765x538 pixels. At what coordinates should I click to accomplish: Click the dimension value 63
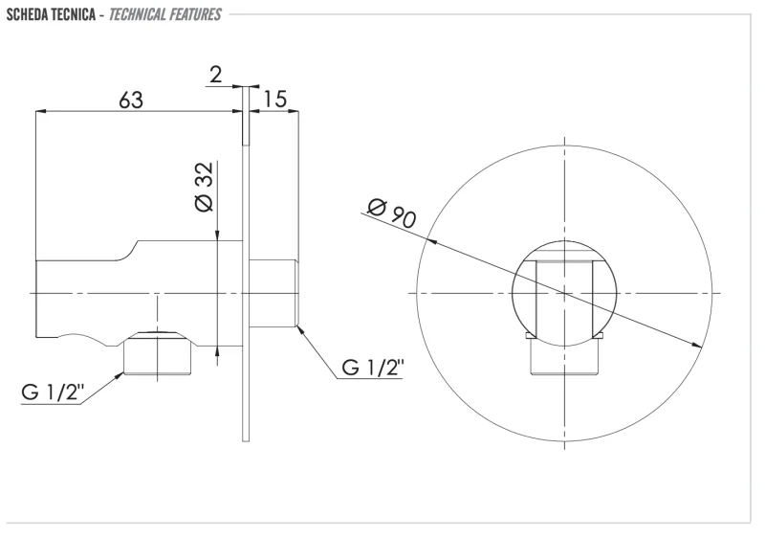point(131,101)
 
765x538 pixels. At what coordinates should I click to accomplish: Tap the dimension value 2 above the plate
point(216,75)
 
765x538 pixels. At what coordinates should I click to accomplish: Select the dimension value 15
point(275,100)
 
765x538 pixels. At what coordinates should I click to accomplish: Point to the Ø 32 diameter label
point(205,187)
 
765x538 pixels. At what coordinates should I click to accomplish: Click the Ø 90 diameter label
point(392,213)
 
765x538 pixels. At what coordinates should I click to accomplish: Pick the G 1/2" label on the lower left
point(53,392)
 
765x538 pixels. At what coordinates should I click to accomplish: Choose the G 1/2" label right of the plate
point(373,368)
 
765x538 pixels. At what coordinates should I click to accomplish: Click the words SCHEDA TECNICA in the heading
point(51,14)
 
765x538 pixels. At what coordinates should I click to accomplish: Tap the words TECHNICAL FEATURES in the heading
point(164,14)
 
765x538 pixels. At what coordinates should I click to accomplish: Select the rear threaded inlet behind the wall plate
point(273,293)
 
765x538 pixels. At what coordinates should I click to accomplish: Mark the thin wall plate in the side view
point(246,263)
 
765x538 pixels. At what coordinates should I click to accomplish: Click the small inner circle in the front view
point(564,293)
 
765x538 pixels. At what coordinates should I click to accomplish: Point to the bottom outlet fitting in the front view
point(564,353)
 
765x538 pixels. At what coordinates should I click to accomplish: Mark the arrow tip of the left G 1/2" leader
point(123,373)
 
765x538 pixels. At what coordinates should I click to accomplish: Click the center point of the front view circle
point(564,293)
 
